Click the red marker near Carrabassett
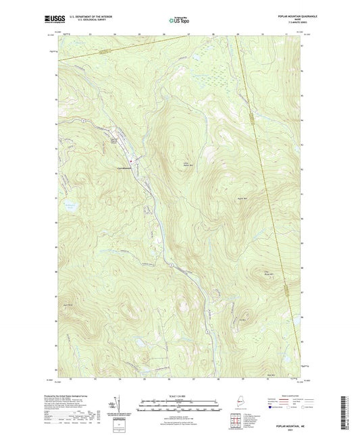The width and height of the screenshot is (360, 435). (135, 159)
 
